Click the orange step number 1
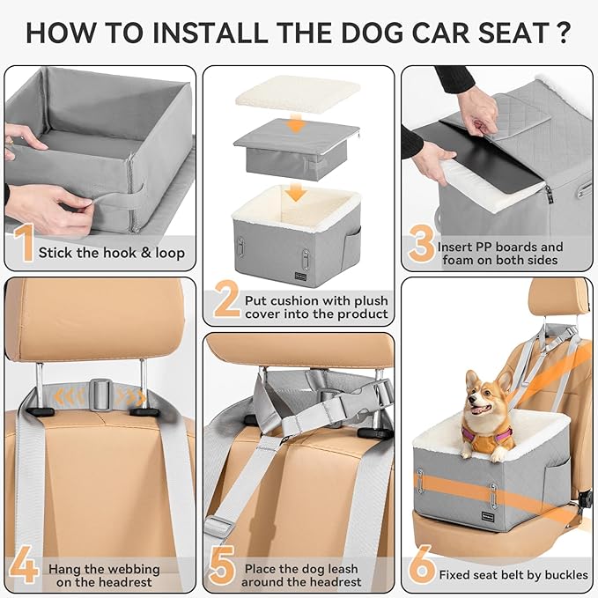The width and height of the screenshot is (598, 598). point(23,244)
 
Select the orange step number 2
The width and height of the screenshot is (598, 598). point(227,301)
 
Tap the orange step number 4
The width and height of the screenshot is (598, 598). point(24,565)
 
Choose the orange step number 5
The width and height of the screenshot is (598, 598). point(225,565)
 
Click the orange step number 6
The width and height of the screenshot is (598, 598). point(424,564)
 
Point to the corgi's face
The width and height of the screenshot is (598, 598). point(482,405)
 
